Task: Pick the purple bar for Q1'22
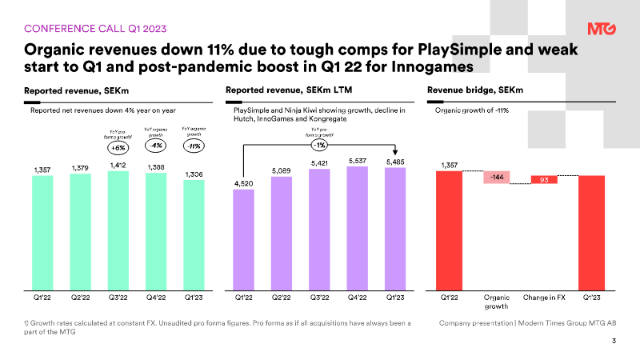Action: coord(243,239)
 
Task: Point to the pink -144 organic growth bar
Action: coord(497,178)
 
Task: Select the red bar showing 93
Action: coord(544,181)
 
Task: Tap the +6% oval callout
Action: coord(118,147)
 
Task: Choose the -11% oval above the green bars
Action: coord(193,146)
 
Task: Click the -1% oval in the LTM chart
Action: coord(319,146)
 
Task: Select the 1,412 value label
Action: coord(118,165)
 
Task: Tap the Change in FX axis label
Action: coord(544,298)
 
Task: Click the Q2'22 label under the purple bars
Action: coord(281,298)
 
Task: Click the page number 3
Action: coord(613,342)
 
